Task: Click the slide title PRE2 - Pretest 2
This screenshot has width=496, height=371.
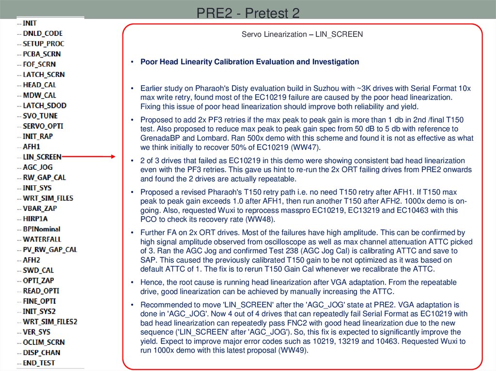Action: [248, 13]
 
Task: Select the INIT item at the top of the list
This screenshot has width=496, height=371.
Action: [30, 23]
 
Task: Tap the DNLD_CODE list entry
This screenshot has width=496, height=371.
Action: [43, 33]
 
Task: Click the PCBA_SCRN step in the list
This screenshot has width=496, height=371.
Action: [42, 54]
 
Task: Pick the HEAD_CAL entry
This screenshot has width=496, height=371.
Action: [39, 85]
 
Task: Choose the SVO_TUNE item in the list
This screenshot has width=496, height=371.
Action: [40, 116]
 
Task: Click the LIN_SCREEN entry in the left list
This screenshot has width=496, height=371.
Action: [42, 157]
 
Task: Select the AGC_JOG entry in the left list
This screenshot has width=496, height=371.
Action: [38, 167]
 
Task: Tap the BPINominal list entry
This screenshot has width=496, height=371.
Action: [42, 229]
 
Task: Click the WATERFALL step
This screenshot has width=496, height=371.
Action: [42, 239]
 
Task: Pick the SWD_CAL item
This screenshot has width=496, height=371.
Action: [38, 270]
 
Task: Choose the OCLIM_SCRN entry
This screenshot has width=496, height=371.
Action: [44, 342]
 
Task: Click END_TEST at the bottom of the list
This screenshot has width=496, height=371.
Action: [39, 363]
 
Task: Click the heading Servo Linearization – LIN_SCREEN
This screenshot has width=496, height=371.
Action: [302, 34]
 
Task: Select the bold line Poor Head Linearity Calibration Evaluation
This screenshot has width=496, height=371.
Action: [249, 62]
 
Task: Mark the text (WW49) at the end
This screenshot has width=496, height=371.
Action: [293, 351]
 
